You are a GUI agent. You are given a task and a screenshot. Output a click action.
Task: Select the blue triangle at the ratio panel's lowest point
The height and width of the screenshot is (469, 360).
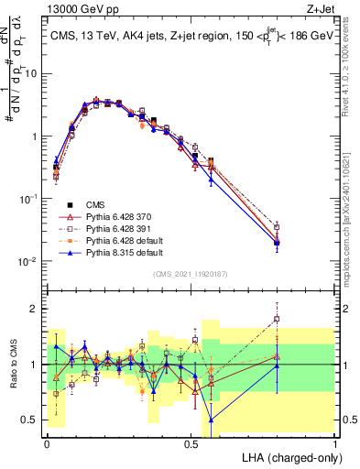tap(212, 420)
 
